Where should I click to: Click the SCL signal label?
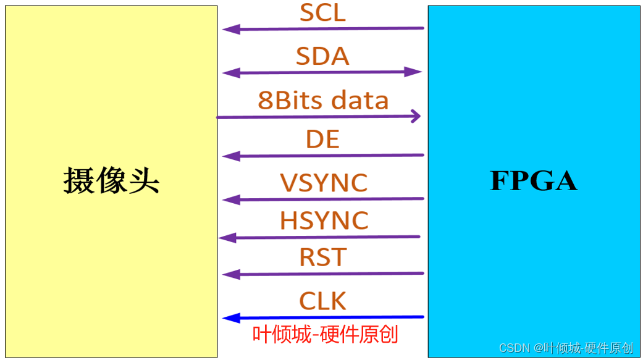click(322, 13)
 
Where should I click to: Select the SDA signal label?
click(322, 56)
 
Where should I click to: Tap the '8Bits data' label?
click(323, 100)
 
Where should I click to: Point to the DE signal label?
click(322, 140)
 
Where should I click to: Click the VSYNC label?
click(324, 183)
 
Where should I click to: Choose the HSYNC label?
click(324, 220)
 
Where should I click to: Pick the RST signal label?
click(322, 257)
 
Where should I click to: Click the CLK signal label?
click(322, 301)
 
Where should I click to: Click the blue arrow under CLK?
click(323, 318)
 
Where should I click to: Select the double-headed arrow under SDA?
click(322, 72)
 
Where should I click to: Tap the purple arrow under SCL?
click(323, 28)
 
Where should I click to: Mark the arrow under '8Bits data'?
click(319, 116)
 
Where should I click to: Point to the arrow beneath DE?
click(323, 156)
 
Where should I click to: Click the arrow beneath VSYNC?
click(323, 199)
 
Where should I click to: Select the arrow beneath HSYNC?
click(319, 237)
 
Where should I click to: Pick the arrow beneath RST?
click(323, 274)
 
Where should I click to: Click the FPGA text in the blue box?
click(533, 181)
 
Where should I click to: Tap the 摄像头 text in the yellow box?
click(111, 182)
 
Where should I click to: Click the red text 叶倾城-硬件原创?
click(325, 335)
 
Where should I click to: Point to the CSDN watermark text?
click(566, 348)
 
